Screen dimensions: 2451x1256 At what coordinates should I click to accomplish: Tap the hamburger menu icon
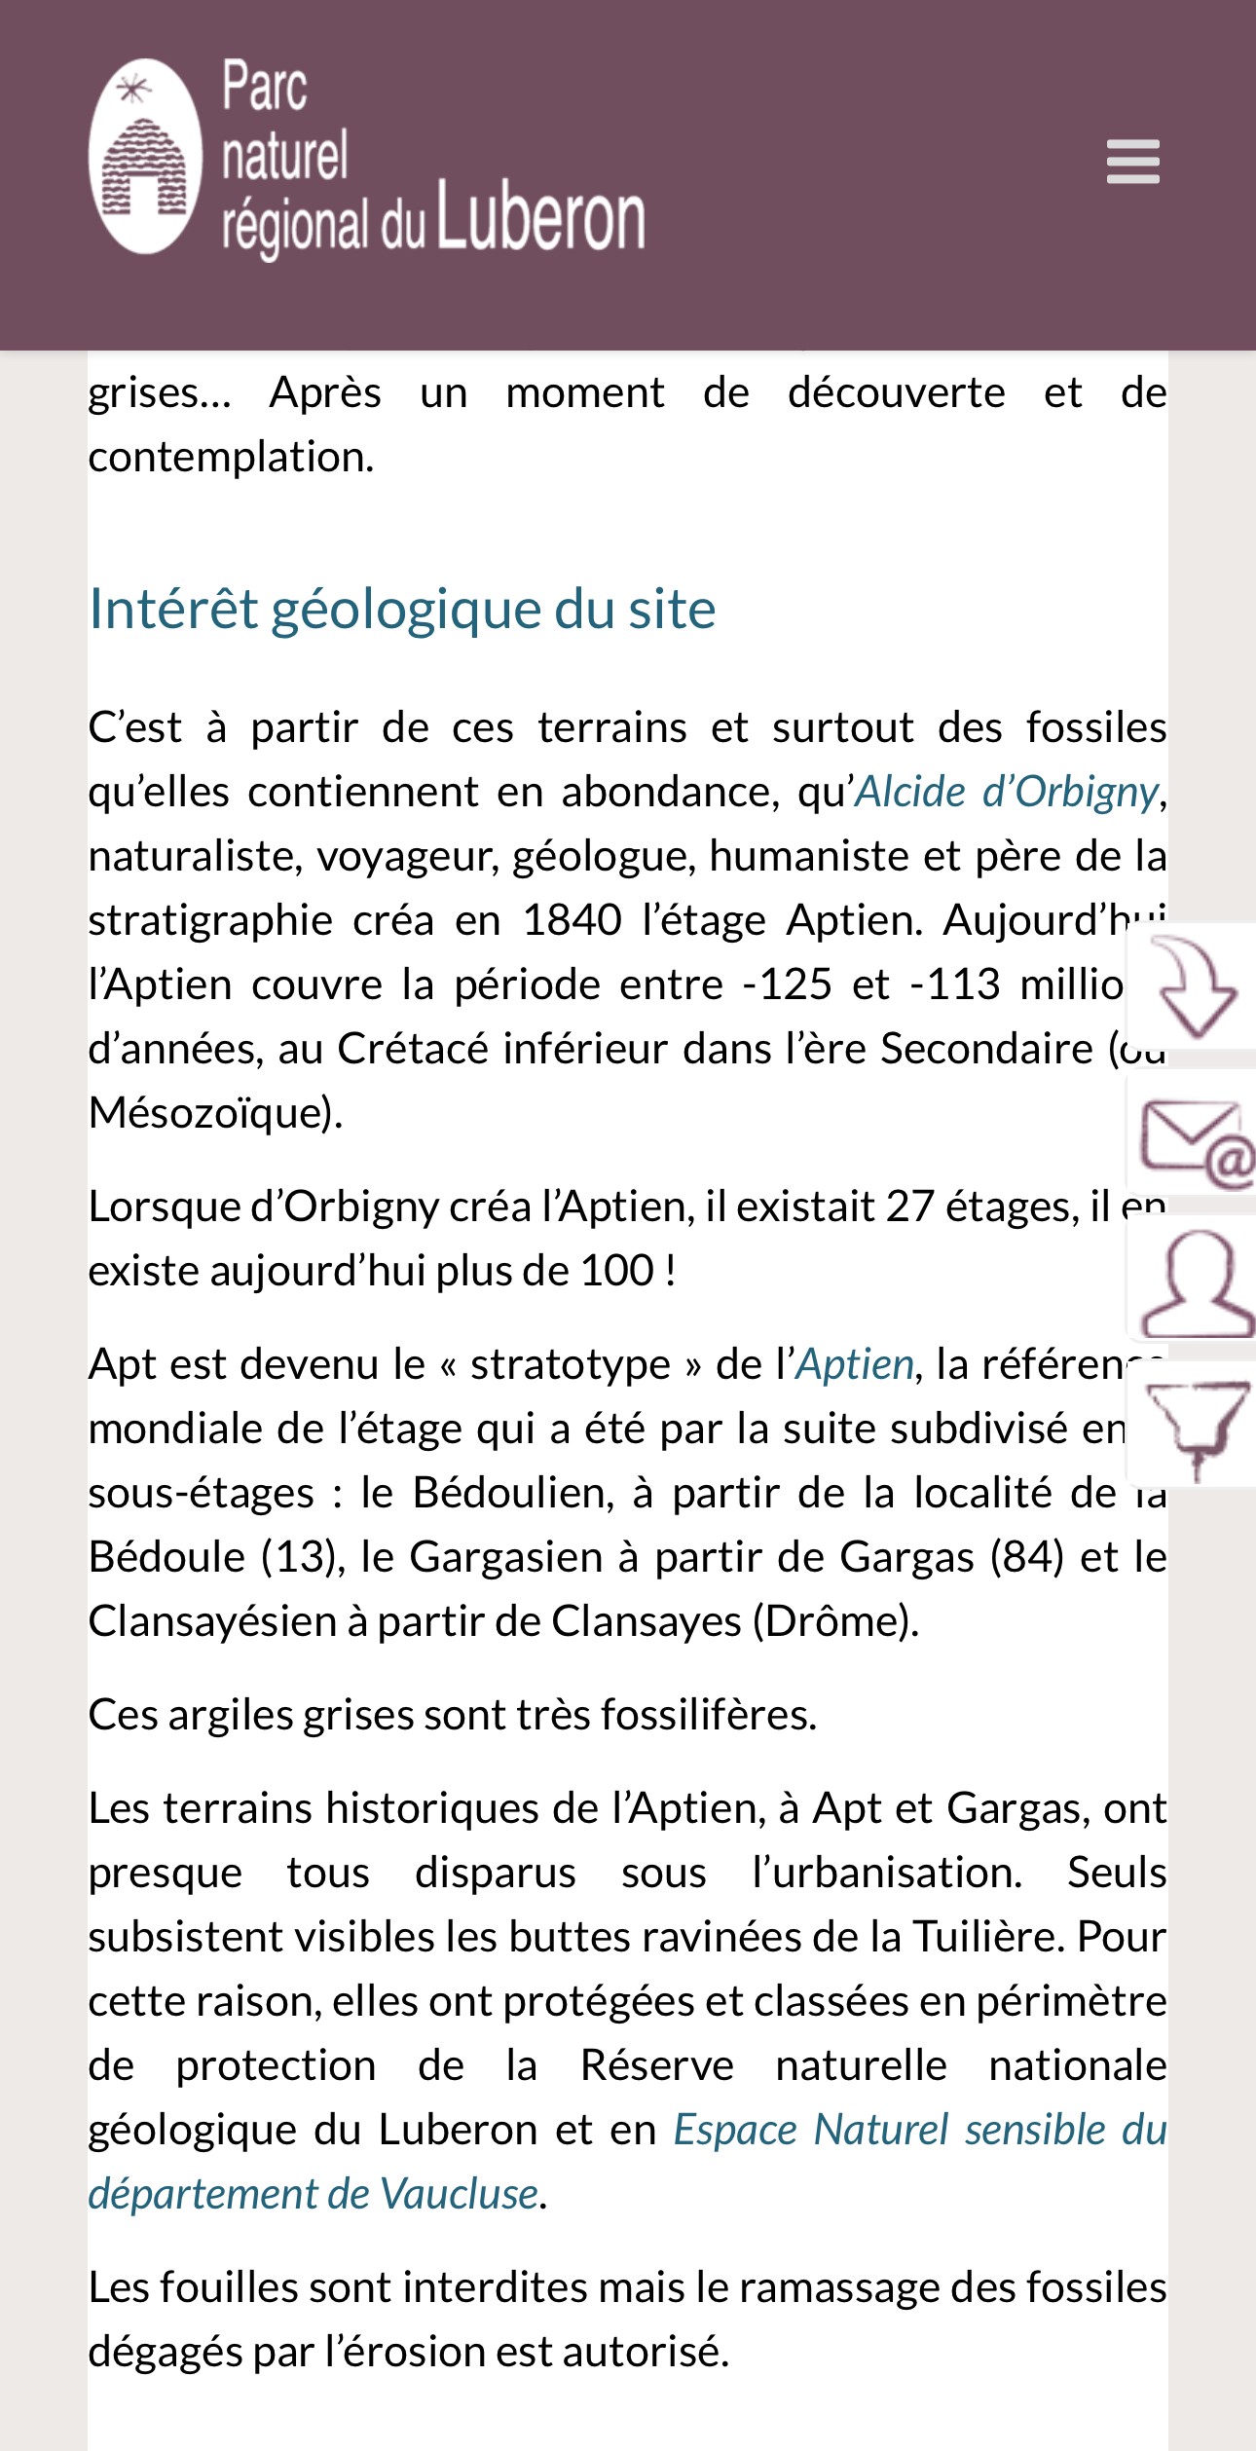coord(1132,162)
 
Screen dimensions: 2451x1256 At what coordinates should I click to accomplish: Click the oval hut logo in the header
coord(146,157)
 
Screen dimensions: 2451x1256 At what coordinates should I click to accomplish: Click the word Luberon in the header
coord(540,218)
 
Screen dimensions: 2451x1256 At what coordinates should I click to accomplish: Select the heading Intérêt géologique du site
coord(402,610)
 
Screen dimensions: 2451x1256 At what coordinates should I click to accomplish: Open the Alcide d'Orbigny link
coord(1007,792)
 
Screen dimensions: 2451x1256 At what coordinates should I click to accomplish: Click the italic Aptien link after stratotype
coord(855,1364)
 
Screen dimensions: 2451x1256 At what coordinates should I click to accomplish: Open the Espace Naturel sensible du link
coord(919,2130)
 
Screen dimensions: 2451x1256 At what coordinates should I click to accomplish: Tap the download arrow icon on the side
coord(1194,985)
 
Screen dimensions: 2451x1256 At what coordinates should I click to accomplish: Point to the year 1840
coord(572,920)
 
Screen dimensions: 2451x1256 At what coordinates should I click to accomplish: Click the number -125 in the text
coord(787,984)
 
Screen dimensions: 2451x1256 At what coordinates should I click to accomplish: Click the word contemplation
coord(230,457)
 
